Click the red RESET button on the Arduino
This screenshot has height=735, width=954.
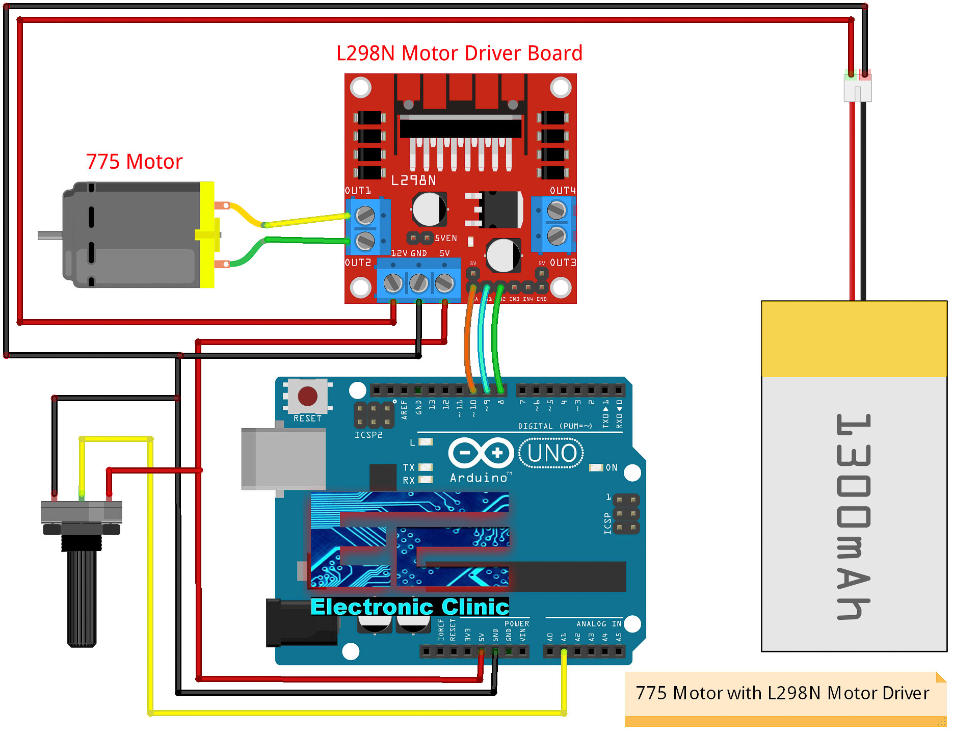click(x=307, y=396)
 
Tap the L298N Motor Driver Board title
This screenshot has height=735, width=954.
click(x=459, y=54)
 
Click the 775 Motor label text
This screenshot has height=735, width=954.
click(x=134, y=162)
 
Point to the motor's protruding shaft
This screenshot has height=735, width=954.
click(x=50, y=235)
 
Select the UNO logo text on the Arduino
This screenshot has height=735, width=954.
click(x=552, y=453)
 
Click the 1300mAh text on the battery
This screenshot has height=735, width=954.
click(x=854, y=516)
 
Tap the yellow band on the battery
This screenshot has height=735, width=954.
click(x=854, y=339)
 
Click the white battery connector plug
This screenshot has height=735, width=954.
click(x=858, y=88)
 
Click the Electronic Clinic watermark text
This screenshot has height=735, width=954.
click(x=410, y=607)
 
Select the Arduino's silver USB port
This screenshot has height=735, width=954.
click(x=283, y=459)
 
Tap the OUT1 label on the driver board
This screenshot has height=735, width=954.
click(x=358, y=191)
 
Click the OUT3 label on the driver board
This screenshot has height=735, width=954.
click(x=563, y=262)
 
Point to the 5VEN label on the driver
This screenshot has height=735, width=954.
click(x=446, y=238)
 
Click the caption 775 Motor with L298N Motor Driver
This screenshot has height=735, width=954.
click(x=782, y=693)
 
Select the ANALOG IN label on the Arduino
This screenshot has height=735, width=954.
click(x=599, y=624)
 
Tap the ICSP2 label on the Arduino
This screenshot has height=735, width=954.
click(x=368, y=435)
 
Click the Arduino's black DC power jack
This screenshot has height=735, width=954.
click(x=301, y=623)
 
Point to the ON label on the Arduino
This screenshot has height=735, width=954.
click(x=612, y=467)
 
